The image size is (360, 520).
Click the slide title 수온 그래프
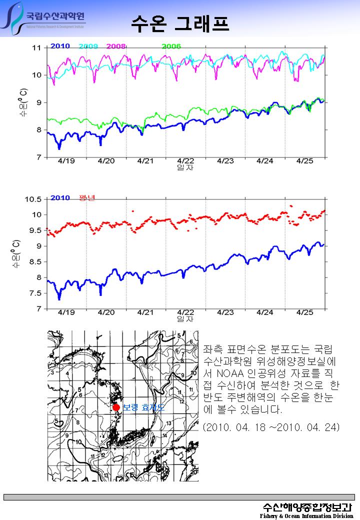[180, 22]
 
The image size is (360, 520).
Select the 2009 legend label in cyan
[88, 46]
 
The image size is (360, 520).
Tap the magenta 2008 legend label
[116, 46]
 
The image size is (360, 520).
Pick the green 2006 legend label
[170, 46]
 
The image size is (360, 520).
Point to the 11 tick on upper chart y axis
[36, 48]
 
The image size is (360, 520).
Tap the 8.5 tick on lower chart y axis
[35, 261]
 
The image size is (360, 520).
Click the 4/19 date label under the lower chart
[66, 312]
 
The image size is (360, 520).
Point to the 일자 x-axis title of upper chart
[185, 167]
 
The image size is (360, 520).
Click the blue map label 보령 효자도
[143, 408]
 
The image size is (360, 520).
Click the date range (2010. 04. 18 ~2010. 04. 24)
[271, 427]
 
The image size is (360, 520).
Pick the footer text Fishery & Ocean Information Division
[306, 515]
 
